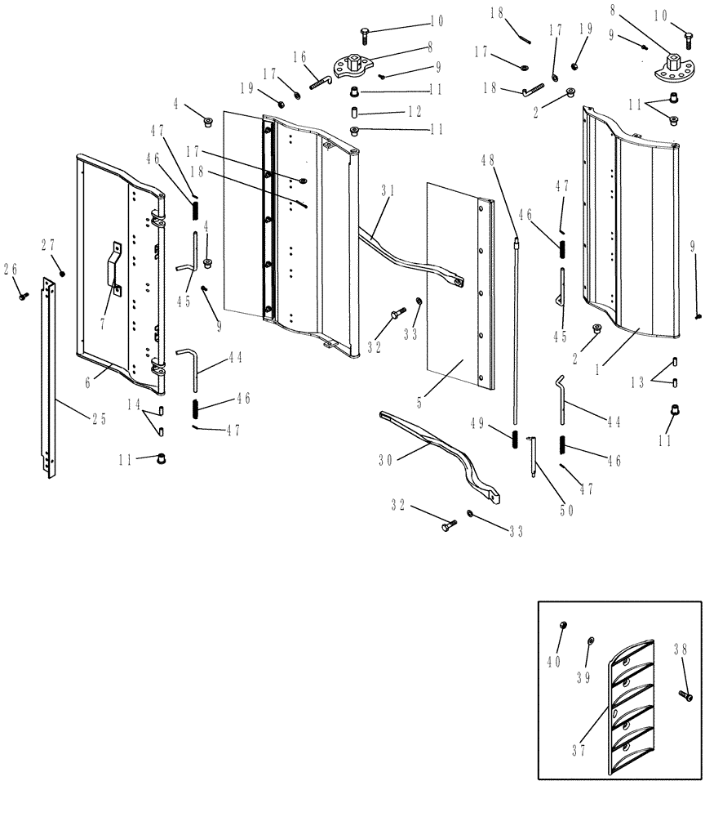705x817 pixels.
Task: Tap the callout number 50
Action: [x=565, y=511]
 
